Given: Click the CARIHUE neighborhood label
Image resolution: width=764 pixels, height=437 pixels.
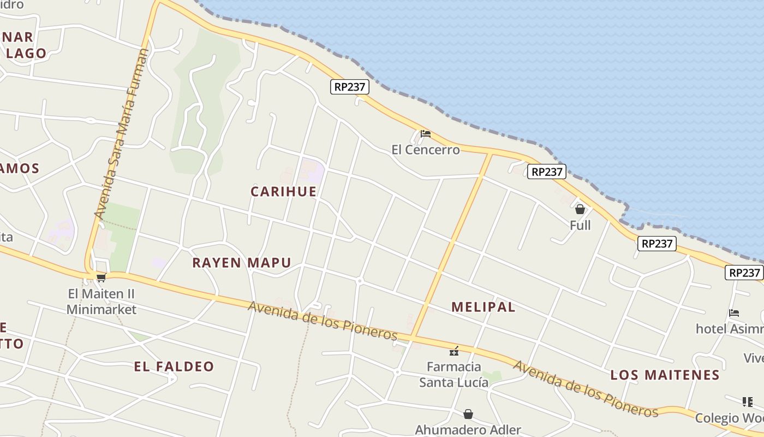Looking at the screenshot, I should tap(283, 191).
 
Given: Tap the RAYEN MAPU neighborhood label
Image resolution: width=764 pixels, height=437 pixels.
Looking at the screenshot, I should tap(241, 263).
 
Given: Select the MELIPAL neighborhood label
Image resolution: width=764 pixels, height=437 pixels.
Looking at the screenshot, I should tap(483, 307).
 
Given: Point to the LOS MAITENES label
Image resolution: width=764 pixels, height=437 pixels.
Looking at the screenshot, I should tap(665, 375).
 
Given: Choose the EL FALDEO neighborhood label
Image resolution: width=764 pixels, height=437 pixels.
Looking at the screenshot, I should tap(174, 367).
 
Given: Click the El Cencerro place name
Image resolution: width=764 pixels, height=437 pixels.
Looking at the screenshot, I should tap(426, 150).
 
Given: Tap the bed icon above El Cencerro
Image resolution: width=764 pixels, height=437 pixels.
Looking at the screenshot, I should tap(426, 133).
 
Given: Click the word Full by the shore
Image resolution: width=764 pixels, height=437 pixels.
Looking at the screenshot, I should tap(580, 225).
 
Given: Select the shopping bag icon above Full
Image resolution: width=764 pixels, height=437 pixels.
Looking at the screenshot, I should tap(580, 209).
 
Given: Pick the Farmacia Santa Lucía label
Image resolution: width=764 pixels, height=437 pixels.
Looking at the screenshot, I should tap(453, 374).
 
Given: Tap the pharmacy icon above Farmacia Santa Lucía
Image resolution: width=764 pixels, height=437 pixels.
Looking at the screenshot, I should tap(453, 351).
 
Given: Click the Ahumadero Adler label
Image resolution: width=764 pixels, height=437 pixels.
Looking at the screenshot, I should tap(468, 430).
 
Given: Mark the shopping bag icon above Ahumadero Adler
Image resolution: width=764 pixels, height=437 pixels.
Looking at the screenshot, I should tap(468, 414).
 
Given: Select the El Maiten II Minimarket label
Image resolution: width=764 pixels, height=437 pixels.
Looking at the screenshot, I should tap(101, 302).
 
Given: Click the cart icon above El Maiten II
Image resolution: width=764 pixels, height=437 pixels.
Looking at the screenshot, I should tap(101, 277).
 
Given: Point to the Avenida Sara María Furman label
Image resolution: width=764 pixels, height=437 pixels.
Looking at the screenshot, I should tap(121, 134).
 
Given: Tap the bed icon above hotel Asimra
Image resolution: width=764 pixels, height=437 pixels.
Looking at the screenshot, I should tap(734, 313).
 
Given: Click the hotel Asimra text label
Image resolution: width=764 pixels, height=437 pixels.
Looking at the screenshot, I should tap(729, 329).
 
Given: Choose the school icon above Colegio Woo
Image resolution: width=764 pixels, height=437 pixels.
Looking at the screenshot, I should tap(748, 402).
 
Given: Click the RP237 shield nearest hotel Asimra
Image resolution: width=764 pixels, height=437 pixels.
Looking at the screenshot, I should tap(743, 273).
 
